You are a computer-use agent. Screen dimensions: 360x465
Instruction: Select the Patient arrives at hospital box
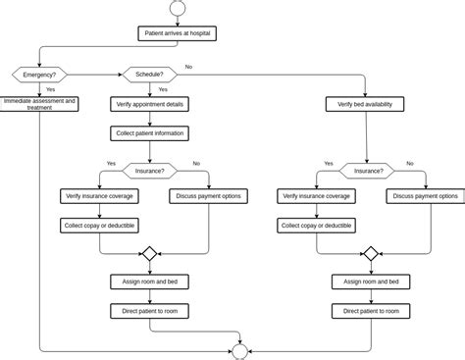click(x=176, y=33)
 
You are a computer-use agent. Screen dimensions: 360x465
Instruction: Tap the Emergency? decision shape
click(x=39, y=74)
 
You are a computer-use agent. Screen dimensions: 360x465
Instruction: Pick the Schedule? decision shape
click(x=149, y=74)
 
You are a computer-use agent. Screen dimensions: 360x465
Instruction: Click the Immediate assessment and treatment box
click(x=39, y=103)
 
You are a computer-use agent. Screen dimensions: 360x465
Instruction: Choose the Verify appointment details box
click(x=149, y=103)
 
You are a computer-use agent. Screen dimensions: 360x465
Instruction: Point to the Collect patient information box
click(x=149, y=133)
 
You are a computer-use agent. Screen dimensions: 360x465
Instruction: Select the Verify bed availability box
click(x=365, y=103)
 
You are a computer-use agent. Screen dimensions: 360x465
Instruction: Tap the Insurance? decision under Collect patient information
click(x=149, y=170)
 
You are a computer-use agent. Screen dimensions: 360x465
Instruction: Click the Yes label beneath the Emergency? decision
click(x=50, y=89)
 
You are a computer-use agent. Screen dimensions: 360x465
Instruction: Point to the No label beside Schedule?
click(x=188, y=67)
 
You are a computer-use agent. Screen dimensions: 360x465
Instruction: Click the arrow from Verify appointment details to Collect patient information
click(x=149, y=118)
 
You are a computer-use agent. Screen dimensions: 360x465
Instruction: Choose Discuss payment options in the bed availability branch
click(x=426, y=196)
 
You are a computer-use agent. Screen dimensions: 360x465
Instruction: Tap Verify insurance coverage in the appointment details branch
click(x=99, y=196)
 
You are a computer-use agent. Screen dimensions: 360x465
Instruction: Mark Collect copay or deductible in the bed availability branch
click(x=317, y=225)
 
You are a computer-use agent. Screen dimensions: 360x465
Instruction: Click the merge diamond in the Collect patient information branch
click(x=149, y=253)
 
